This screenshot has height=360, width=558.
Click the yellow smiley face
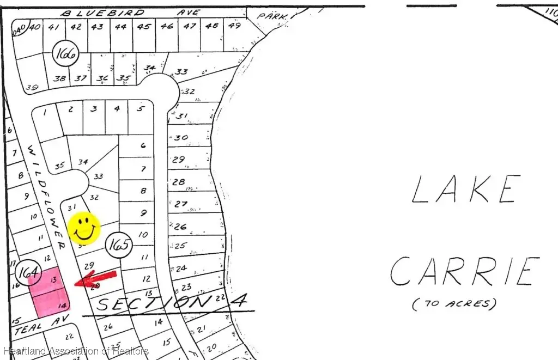(83, 228)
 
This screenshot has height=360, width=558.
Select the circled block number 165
(118, 245)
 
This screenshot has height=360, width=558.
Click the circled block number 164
(28, 271)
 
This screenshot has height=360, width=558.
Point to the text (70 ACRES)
(454, 304)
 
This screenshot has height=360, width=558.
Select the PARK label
(271, 17)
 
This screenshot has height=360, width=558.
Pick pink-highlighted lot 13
(52, 279)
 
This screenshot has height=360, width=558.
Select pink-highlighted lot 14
(62, 306)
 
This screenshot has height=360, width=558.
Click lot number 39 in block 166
(32, 88)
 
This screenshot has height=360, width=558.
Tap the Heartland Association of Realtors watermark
(75, 351)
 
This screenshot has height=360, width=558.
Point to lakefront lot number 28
(179, 182)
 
